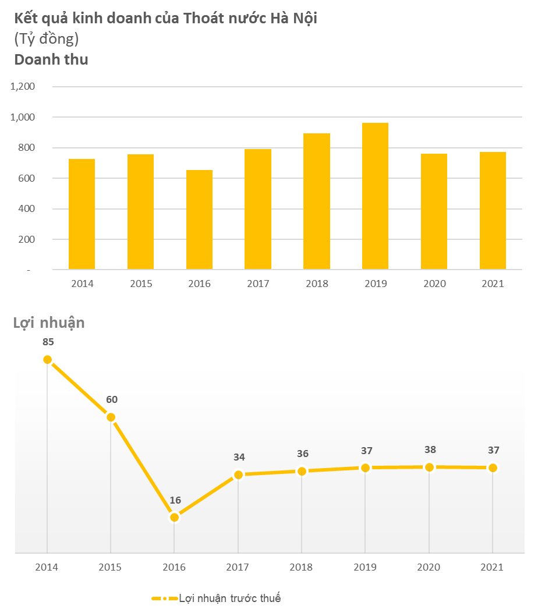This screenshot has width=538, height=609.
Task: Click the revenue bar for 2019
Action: (x=375, y=196)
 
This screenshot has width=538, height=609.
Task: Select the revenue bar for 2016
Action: (x=199, y=219)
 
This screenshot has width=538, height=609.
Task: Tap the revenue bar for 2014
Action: (x=82, y=214)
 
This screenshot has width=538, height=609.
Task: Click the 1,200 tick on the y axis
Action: (x=23, y=87)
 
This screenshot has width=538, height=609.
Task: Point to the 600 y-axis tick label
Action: (x=26, y=178)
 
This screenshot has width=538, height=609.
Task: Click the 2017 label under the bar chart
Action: (x=258, y=284)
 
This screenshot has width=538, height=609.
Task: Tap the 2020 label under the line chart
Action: (x=429, y=567)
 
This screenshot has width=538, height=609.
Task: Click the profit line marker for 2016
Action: (x=174, y=517)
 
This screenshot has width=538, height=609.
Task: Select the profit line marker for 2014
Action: (x=47, y=360)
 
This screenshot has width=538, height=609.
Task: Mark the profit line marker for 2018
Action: (x=302, y=471)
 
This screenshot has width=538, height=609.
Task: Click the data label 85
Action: (x=48, y=342)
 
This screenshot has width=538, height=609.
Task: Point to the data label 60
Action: (x=111, y=399)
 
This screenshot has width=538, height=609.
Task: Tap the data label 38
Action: (x=430, y=449)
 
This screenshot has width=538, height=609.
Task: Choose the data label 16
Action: (x=175, y=500)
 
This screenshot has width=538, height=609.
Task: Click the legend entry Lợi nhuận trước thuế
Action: (x=229, y=598)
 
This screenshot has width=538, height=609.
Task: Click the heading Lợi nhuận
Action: (x=49, y=323)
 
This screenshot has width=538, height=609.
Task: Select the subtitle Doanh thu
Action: (x=51, y=59)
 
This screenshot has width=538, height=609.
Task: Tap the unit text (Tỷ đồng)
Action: (x=46, y=39)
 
